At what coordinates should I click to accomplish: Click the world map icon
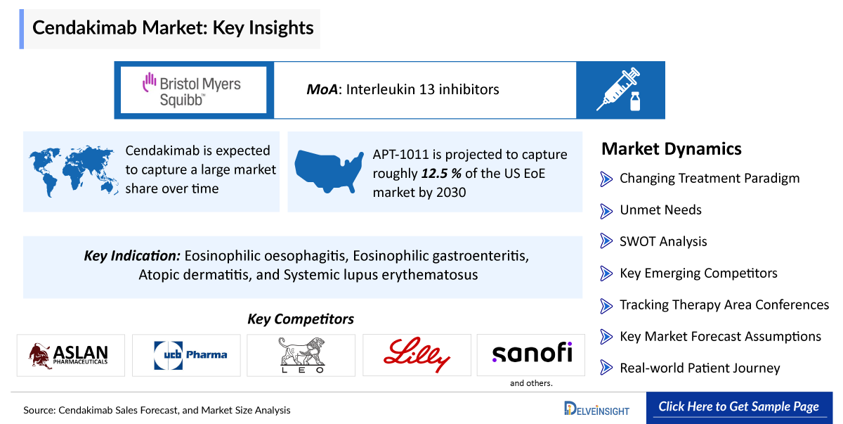point(73,171)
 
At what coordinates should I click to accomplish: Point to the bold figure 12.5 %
point(441,174)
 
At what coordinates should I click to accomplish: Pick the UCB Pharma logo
point(190,355)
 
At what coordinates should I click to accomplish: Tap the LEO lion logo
point(302,355)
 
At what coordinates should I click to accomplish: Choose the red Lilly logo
point(417,354)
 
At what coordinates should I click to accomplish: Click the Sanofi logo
point(532,353)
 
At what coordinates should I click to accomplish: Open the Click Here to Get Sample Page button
point(739,407)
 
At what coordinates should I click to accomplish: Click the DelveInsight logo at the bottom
point(596,409)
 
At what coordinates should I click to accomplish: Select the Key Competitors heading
point(301,319)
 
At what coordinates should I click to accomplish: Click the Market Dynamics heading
point(672,149)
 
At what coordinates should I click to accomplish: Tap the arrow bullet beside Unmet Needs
point(606,211)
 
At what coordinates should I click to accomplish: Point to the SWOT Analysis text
point(663,241)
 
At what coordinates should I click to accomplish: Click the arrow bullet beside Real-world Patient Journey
point(606,368)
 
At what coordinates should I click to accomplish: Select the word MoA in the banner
point(322,89)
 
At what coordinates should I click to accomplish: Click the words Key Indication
point(132,256)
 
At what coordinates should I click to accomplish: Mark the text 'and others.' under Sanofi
point(531,383)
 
